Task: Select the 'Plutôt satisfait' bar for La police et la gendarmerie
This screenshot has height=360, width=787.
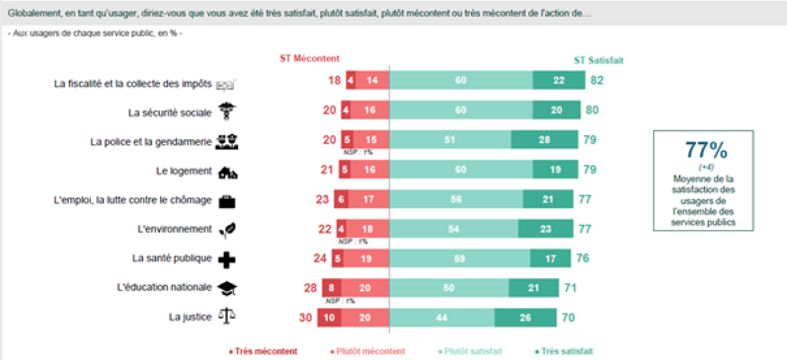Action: pos(450,140)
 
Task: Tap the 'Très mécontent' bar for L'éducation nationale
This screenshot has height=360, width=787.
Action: pos(331,287)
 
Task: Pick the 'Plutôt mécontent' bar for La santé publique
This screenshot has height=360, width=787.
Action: pos(365,258)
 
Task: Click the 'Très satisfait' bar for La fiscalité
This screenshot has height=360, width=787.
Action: pos(559,80)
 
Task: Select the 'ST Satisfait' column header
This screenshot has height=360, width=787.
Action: pos(598,60)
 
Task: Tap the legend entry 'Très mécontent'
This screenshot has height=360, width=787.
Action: pos(263,351)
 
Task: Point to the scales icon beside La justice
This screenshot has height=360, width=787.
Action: pos(226,316)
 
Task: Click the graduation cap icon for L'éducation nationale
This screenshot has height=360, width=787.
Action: pos(227,288)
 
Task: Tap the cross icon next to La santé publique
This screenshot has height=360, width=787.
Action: pos(227,259)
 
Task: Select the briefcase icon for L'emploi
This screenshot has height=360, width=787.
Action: pos(227,201)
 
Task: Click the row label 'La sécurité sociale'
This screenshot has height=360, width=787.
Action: pos(170,113)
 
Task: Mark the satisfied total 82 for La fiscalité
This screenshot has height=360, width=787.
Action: pos(596,80)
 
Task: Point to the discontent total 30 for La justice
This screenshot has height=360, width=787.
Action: pos(305,317)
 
